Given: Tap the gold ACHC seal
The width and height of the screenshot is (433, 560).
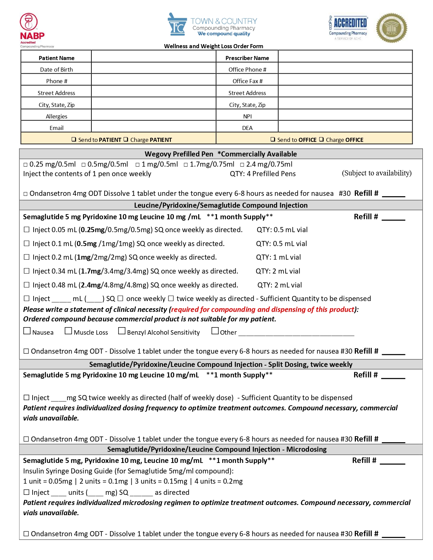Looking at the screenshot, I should coord(391,28).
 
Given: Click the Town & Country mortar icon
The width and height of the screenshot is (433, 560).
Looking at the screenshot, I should coord(177,25).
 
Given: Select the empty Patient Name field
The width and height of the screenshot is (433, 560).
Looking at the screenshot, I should coord(154,57).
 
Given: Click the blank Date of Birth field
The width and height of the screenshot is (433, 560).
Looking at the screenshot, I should coord(154,69).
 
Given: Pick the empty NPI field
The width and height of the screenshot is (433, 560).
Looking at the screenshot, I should coord(345,115).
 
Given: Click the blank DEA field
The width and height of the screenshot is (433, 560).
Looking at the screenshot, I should coord(345,127).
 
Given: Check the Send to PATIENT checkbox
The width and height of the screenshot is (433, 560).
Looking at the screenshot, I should coord(74,139).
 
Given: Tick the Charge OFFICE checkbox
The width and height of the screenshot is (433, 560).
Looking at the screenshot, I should coord(321,139).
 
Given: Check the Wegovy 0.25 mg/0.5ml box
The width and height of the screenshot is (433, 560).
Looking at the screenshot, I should coord(25,165).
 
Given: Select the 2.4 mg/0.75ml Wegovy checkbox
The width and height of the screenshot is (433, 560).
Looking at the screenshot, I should coord(242,165).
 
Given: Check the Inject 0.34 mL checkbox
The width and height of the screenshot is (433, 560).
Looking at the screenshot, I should coord(26,271).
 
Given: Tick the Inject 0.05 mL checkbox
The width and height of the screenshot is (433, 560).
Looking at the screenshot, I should coord(26,229).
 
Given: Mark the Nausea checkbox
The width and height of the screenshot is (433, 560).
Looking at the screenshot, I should coord(27,331).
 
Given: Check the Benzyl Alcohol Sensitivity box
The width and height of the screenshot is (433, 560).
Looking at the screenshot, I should coord(122,331).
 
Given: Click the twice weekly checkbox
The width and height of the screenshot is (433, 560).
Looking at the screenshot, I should coord(171,298).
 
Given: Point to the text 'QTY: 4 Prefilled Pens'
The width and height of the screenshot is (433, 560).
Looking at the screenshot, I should coord(263,174).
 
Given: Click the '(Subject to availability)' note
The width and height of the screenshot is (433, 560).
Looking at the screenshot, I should coord(377,173).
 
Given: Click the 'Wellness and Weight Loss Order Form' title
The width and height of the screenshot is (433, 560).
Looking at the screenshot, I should coord(214,46).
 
